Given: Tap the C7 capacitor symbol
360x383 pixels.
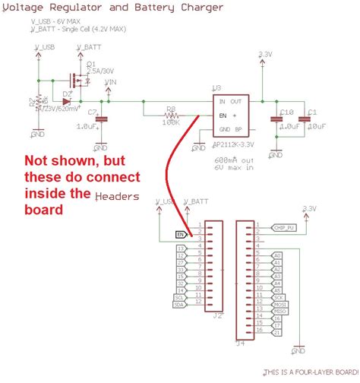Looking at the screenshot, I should [x=103, y=119].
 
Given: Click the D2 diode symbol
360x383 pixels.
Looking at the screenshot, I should [x=67, y=100].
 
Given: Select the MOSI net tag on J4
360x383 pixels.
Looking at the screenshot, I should [x=279, y=303].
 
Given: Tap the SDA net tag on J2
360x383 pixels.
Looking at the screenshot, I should [x=180, y=305].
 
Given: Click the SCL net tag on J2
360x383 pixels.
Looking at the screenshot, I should [x=180, y=298].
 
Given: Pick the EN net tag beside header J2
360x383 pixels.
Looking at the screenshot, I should [x=181, y=234].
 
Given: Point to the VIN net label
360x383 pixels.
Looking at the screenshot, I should [x=110, y=81].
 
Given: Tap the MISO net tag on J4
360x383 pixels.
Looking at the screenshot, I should [x=279, y=311].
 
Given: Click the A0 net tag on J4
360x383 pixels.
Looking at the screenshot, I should [x=276, y=255].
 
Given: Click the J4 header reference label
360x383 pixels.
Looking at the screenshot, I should [x=242, y=343].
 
